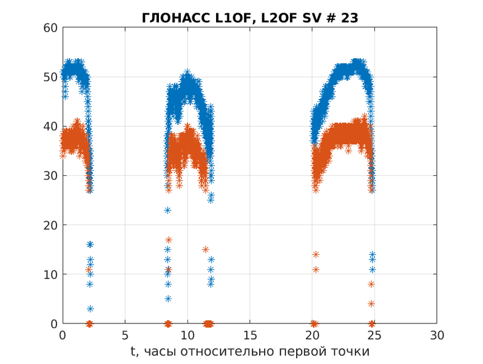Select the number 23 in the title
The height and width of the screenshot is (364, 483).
(350, 18)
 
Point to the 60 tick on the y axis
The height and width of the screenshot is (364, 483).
(50, 28)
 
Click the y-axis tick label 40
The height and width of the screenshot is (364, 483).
(50, 126)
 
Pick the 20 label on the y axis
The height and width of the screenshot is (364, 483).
(50, 225)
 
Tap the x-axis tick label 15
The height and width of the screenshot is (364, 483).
(250, 335)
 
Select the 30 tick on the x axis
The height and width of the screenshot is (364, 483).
(437, 335)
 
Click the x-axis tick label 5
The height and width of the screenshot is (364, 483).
(125, 335)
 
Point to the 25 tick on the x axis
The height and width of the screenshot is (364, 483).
(374, 335)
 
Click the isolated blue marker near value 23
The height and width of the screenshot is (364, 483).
(167, 210)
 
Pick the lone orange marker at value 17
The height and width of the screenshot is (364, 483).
(169, 240)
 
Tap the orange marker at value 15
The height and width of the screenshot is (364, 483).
(206, 249)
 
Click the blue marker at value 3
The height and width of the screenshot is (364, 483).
(90, 309)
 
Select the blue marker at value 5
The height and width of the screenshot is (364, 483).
(167, 298)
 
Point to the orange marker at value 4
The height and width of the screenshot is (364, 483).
(371, 303)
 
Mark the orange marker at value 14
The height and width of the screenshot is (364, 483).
(316, 254)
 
